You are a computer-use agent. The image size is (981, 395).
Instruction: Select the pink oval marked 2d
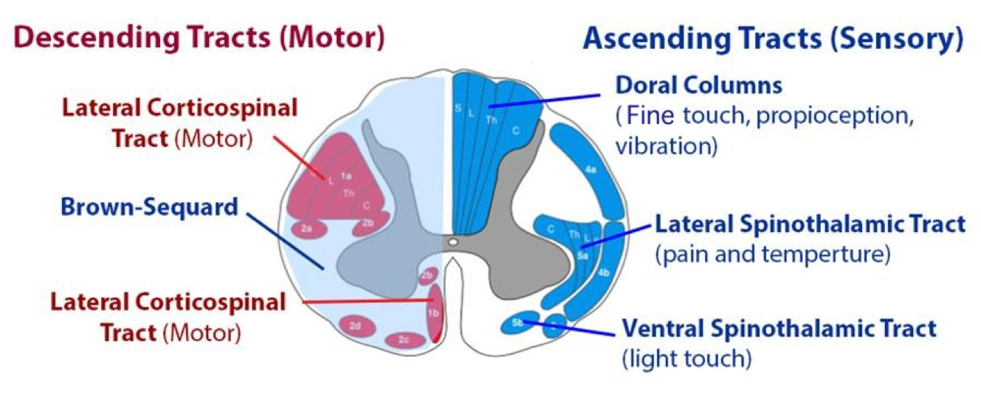tap(355, 326)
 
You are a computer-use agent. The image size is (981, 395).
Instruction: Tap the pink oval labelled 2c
tap(405, 340)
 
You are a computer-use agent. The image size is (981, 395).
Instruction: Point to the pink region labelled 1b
tap(433, 312)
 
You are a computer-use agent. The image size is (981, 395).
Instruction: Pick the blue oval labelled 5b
tap(519, 323)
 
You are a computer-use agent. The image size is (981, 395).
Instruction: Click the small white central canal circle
tap(452, 241)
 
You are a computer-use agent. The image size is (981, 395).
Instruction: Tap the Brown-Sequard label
tap(150, 206)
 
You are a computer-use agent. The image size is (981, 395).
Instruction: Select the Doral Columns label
tap(699, 86)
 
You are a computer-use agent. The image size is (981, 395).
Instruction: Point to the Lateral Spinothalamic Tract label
tap(810, 224)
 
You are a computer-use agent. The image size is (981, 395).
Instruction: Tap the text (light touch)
tap(686, 360)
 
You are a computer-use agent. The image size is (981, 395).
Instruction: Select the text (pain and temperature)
tap(773, 255)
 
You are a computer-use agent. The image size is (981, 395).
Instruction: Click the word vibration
tap(666, 145)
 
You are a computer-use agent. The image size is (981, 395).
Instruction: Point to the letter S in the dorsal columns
tap(458, 109)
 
